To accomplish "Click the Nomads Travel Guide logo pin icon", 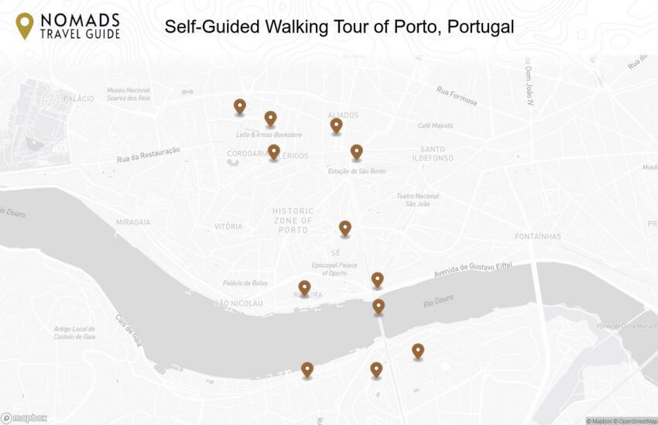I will (25, 26).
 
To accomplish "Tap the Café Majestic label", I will (436, 125).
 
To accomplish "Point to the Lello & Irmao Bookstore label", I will (269, 135).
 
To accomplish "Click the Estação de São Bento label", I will (357, 171).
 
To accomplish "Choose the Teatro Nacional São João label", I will (417, 200).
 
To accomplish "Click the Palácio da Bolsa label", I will (245, 283).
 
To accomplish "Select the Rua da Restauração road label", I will (149, 155).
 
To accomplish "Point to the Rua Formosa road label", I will (457, 96).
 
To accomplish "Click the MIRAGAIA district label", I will (133, 222).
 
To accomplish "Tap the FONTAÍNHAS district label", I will (538, 236).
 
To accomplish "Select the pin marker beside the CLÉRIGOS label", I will (273, 152).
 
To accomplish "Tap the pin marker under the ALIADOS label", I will (336, 125).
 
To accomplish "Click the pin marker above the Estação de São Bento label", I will (356, 152).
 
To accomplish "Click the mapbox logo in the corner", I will (24, 418).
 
